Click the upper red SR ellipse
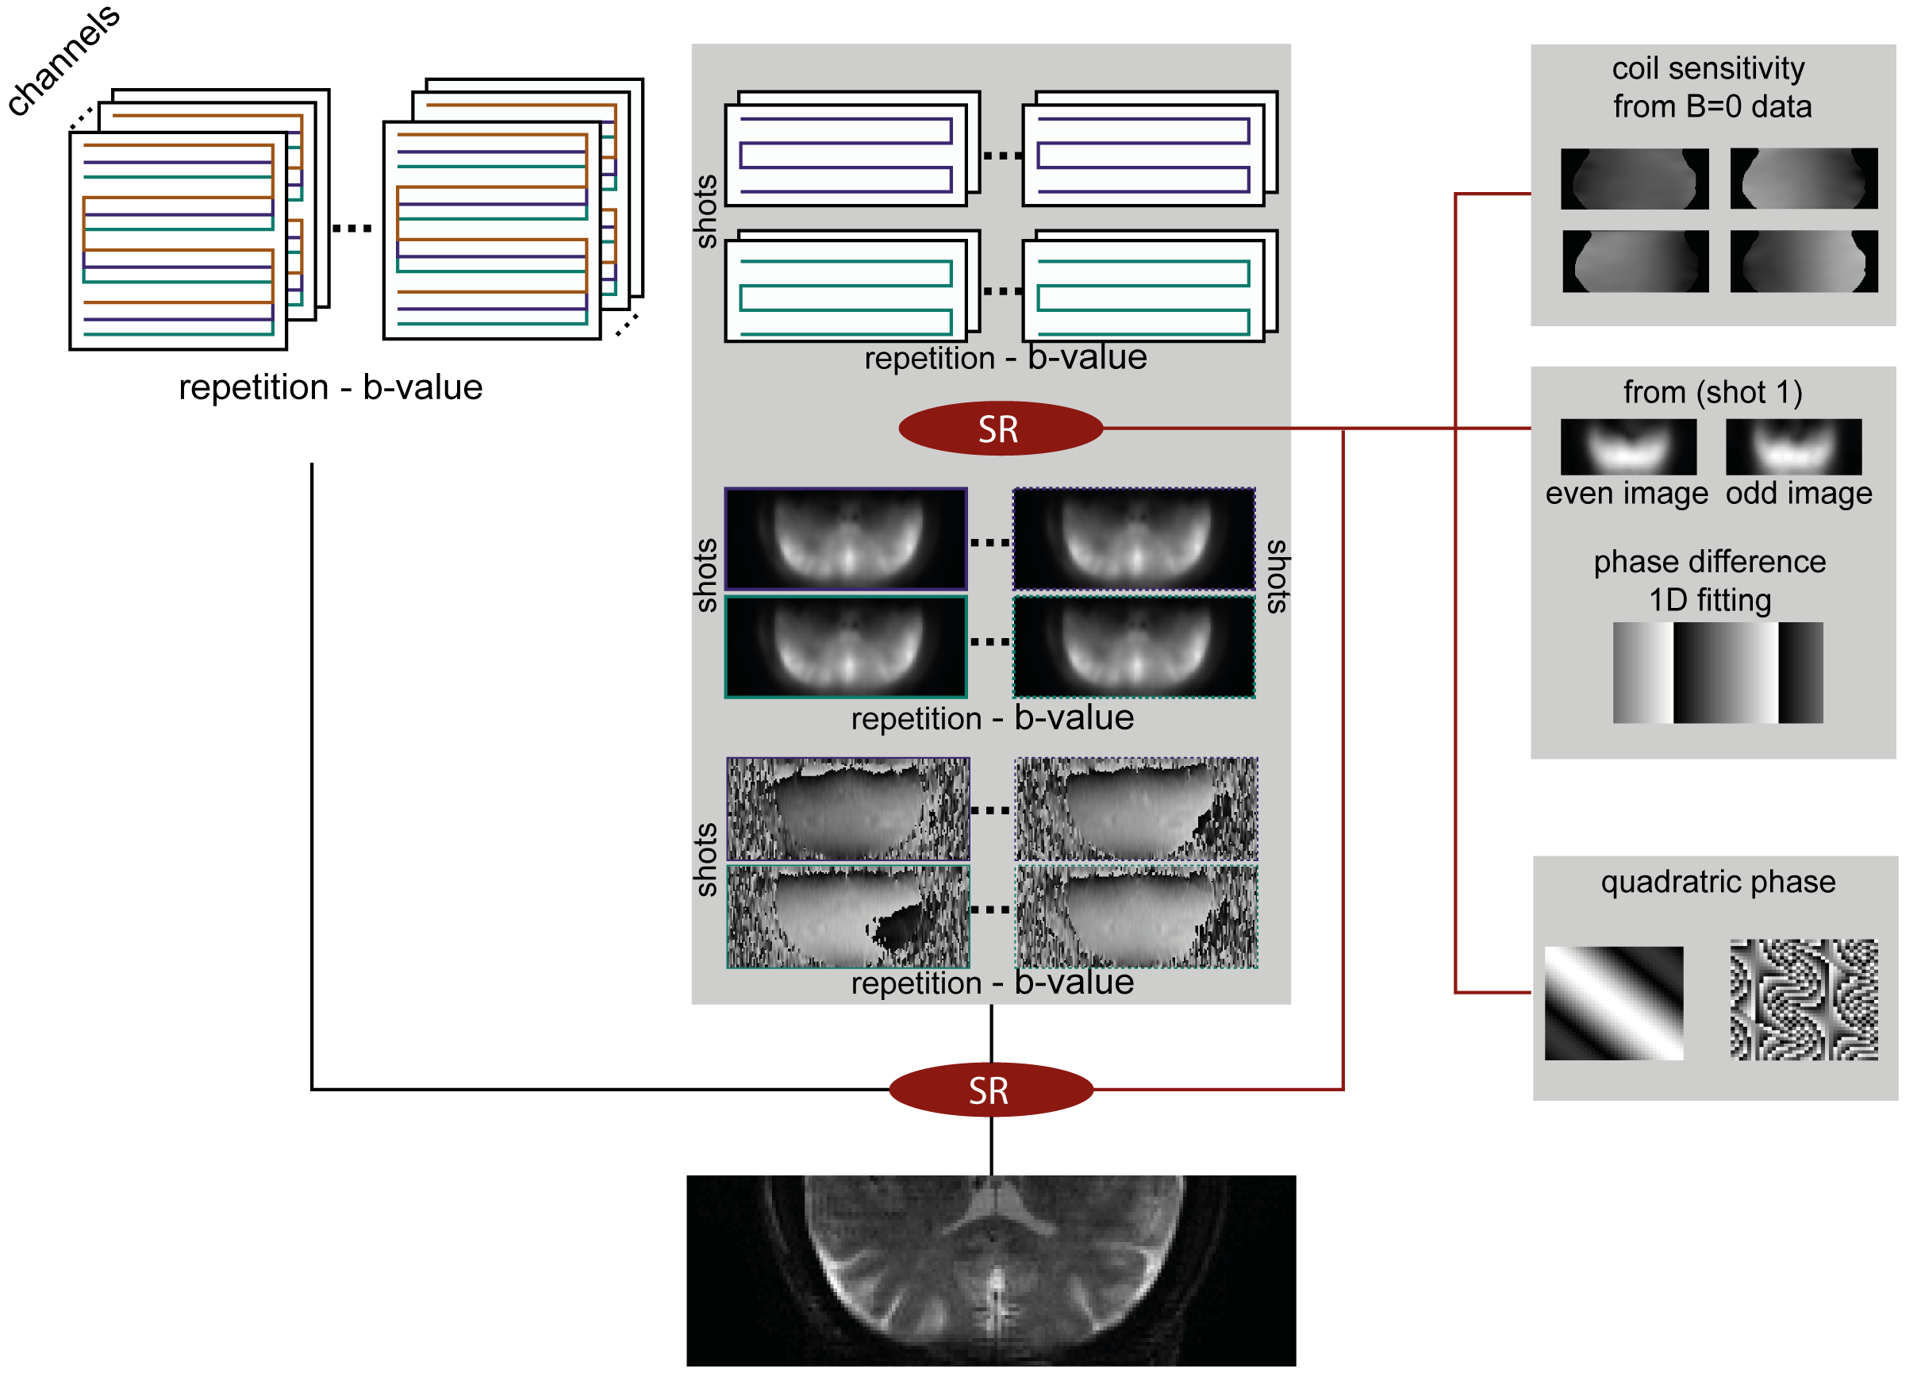[1000, 429]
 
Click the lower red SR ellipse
[990, 1090]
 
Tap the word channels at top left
[63, 60]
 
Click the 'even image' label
[1627, 493]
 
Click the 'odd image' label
[1798, 493]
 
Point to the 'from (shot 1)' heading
[1712, 392]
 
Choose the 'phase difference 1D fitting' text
[1709, 580]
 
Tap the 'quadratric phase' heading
[1717, 882]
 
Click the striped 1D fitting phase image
[1717, 673]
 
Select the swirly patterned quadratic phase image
[1804, 1000]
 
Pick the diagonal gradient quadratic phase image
[1614, 1003]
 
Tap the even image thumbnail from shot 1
[1628, 447]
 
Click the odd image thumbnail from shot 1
[1793, 447]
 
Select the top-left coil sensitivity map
[1634, 179]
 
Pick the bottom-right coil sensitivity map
[1804, 262]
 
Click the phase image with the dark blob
[848, 917]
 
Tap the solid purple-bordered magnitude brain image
[846, 539]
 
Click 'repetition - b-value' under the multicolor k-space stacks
[330, 387]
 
